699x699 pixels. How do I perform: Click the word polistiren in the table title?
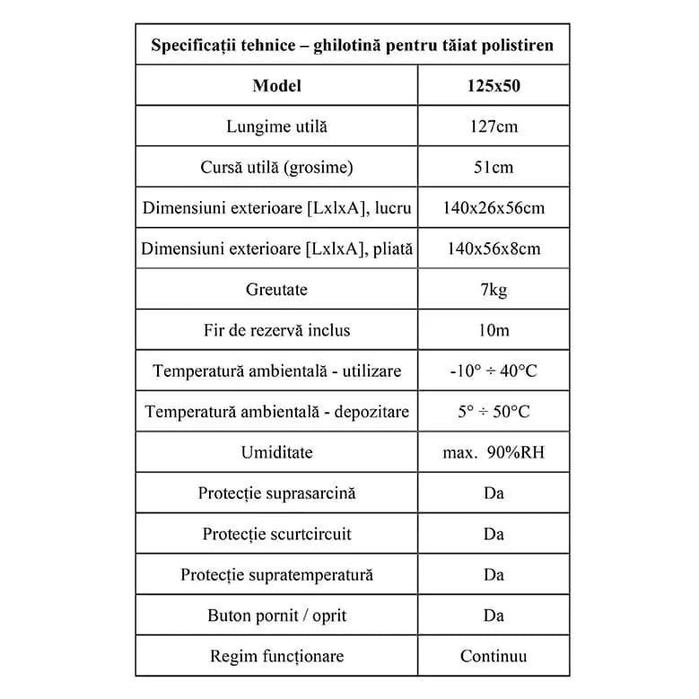511,44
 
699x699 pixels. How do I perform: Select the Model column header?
276,86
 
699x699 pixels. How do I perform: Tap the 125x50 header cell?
494,86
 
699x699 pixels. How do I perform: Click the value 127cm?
494,127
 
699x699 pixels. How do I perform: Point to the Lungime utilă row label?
276,127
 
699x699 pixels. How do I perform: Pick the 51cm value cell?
494,168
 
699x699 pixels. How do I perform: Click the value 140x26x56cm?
494,208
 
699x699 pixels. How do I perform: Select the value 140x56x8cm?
494,249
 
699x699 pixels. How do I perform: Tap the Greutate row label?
276,290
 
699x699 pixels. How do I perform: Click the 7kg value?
494,290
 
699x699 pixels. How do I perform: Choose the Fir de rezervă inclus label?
276,330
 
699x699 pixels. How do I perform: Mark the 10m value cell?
494,330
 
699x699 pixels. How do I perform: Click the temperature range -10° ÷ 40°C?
494,371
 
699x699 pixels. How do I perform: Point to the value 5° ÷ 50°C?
494,412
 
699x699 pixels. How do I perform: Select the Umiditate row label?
276,452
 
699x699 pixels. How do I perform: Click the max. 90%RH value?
494,452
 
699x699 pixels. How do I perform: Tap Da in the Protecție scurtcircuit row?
494,534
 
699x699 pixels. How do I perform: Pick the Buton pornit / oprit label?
276,616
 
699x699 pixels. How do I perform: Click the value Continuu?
494,656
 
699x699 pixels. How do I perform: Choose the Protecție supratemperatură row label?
276,574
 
